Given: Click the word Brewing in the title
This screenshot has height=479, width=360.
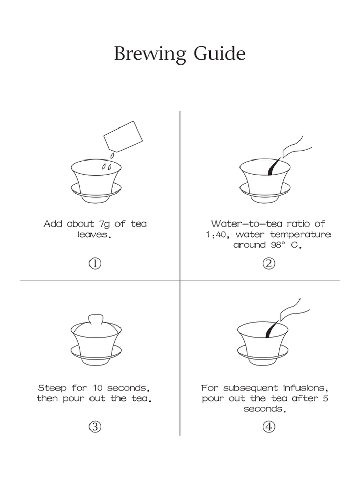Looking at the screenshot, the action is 150,54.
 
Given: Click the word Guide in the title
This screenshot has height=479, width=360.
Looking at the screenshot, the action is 219,53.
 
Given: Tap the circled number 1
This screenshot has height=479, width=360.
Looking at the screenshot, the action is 95,263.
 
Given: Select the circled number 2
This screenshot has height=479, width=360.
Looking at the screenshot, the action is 268,263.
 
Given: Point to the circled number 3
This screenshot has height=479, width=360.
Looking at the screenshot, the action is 95,427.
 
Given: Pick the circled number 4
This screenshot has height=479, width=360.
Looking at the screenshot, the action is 268,427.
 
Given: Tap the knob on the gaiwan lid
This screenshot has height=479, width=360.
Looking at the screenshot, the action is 96,319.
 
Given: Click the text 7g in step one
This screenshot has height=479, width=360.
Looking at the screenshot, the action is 104,225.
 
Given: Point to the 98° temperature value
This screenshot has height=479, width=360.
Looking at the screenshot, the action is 278,245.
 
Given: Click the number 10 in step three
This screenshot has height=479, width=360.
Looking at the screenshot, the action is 97,388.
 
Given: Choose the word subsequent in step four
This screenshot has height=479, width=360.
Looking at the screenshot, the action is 251,388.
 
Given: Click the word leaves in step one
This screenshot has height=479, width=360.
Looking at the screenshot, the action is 93,235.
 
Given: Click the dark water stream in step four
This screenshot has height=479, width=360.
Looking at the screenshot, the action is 272,329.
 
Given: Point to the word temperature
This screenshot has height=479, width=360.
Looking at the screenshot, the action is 301,235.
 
